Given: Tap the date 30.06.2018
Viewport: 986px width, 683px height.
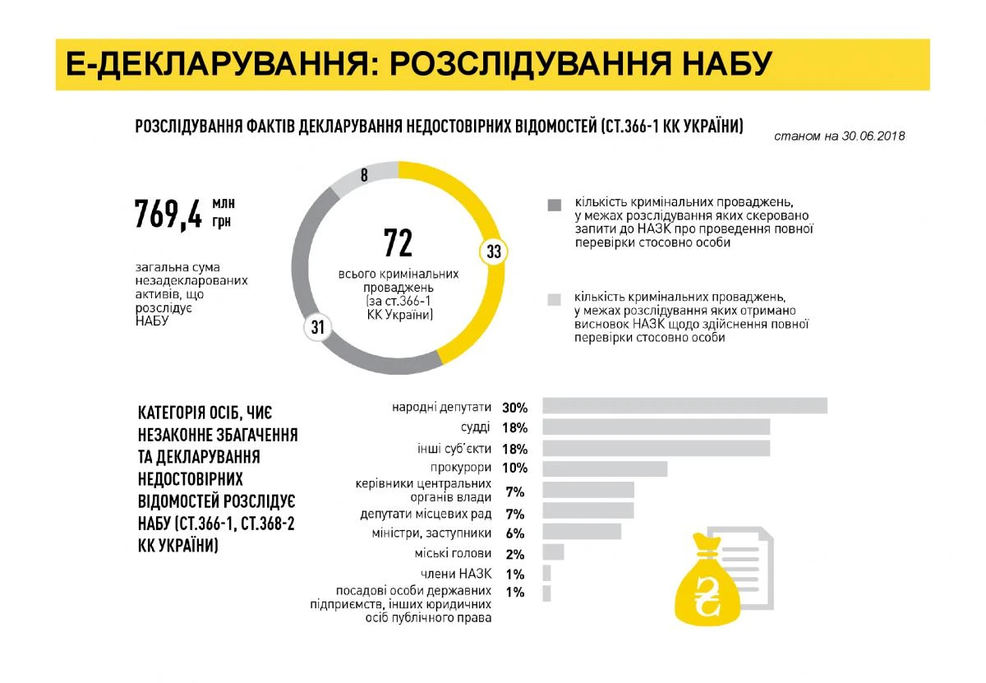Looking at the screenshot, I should [873, 136].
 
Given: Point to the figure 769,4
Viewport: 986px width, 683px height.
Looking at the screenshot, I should [168, 213].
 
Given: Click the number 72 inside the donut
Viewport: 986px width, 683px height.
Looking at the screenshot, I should [398, 243].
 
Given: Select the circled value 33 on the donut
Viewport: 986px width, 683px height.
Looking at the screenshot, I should [493, 252].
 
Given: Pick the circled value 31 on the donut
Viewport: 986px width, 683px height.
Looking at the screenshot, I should [318, 328].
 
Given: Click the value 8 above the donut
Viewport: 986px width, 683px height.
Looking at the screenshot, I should [364, 174].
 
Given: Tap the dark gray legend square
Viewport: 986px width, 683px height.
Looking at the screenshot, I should [555, 204].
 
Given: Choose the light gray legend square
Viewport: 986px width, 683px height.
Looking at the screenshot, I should [555, 299].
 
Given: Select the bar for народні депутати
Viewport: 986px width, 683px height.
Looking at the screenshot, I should [684, 406].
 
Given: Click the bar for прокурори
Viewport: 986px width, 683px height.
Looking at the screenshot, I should [605, 468].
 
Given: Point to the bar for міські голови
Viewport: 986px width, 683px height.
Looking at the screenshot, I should [553, 552].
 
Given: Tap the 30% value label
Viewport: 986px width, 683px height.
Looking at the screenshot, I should [514, 407].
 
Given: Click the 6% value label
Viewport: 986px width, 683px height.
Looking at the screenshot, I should [515, 533].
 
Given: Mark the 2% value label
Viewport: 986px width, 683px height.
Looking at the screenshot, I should [515, 554].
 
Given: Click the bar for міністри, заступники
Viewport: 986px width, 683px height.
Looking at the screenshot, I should [582, 532].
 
